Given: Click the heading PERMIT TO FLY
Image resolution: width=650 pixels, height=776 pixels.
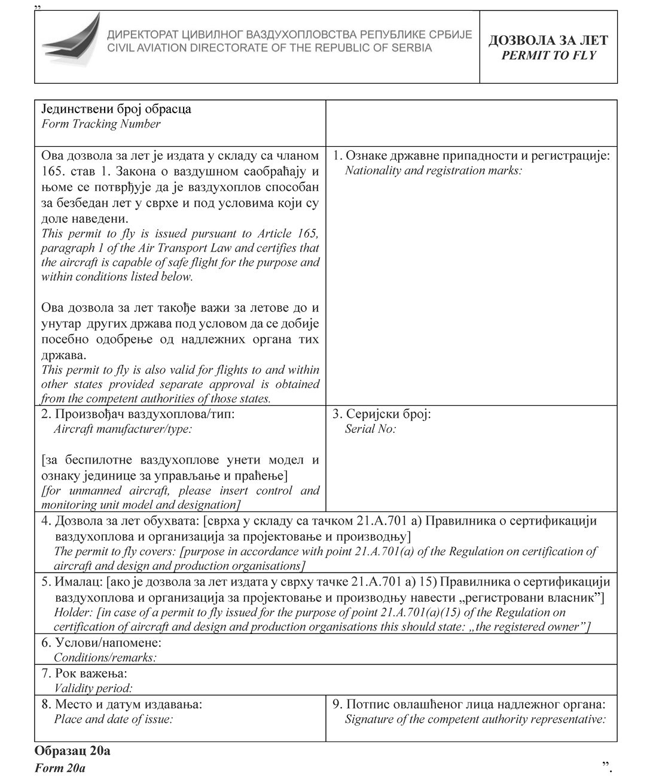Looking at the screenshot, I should [x=548, y=56].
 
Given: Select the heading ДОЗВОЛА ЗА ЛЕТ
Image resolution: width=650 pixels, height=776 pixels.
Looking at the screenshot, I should [x=548, y=40].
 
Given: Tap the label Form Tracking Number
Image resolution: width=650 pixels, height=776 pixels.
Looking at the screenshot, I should [x=101, y=124].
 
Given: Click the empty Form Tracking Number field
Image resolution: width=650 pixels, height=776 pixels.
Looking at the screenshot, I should [x=471, y=123].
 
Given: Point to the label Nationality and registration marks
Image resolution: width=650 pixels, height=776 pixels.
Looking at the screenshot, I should [x=434, y=171].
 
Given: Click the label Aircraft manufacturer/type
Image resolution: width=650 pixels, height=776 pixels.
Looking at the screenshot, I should [x=123, y=429].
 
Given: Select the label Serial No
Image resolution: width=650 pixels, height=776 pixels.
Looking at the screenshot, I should [x=371, y=429].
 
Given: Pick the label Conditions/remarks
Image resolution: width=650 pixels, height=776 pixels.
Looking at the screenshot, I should [x=105, y=657].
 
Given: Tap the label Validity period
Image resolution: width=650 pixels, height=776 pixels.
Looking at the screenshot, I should [x=93, y=688].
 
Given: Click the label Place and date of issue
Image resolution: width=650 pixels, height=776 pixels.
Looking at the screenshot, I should [x=113, y=719].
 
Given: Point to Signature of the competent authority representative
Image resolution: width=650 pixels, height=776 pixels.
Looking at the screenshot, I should [x=475, y=719].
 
